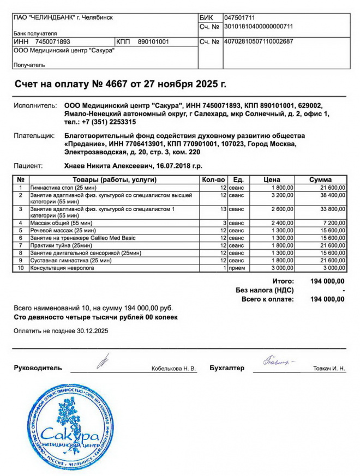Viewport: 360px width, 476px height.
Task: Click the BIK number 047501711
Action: pyautogui.click(x=239, y=18)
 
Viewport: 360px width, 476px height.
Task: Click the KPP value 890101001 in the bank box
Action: pyautogui.click(x=153, y=41)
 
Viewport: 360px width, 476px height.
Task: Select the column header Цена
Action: pyautogui.click(x=272, y=180)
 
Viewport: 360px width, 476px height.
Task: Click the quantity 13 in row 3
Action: pyautogui.click(x=223, y=209)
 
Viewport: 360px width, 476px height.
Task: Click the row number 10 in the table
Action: pyautogui.click(x=20, y=268)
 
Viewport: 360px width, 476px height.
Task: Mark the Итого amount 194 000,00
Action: pyautogui.click(x=327, y=281)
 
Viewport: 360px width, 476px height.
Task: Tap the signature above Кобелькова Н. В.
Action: pyautogui.click(x=104, y=360)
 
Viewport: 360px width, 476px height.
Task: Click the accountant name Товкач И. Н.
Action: pyautogui.click(x=329, y=369)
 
